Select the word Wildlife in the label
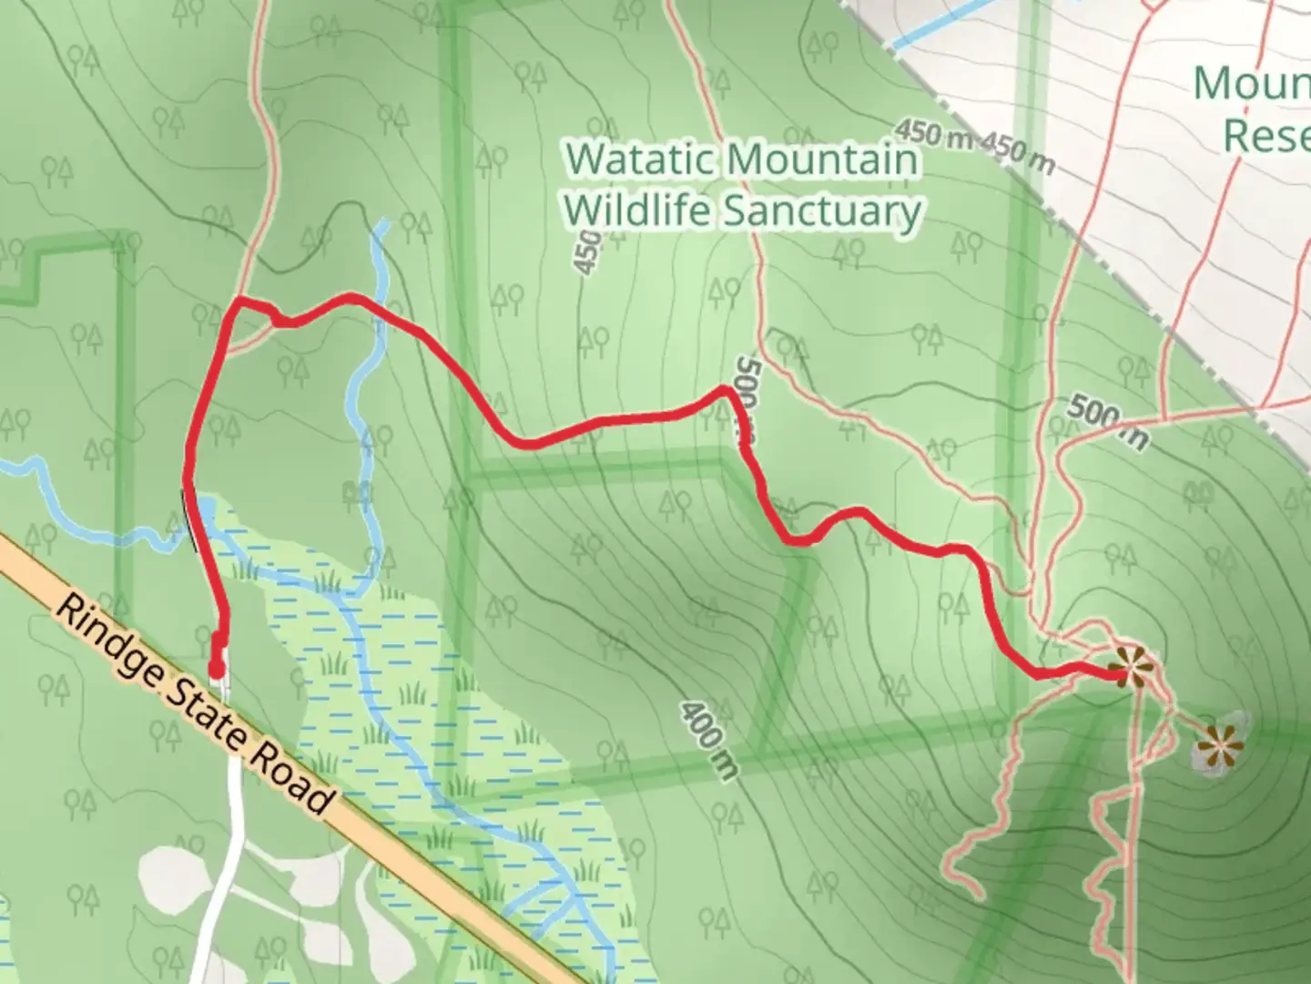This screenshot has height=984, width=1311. click(637, 211)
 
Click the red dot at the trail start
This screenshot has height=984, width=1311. click(217, 672)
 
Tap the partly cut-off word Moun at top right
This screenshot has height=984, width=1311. click(1252, 84)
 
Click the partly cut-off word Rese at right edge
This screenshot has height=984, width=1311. click(1265, 135)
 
